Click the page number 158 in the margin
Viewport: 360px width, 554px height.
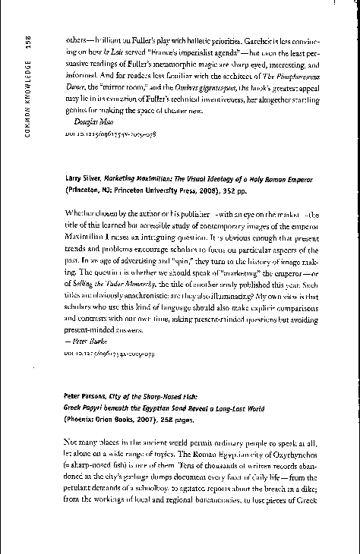click(x=28, y=43)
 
